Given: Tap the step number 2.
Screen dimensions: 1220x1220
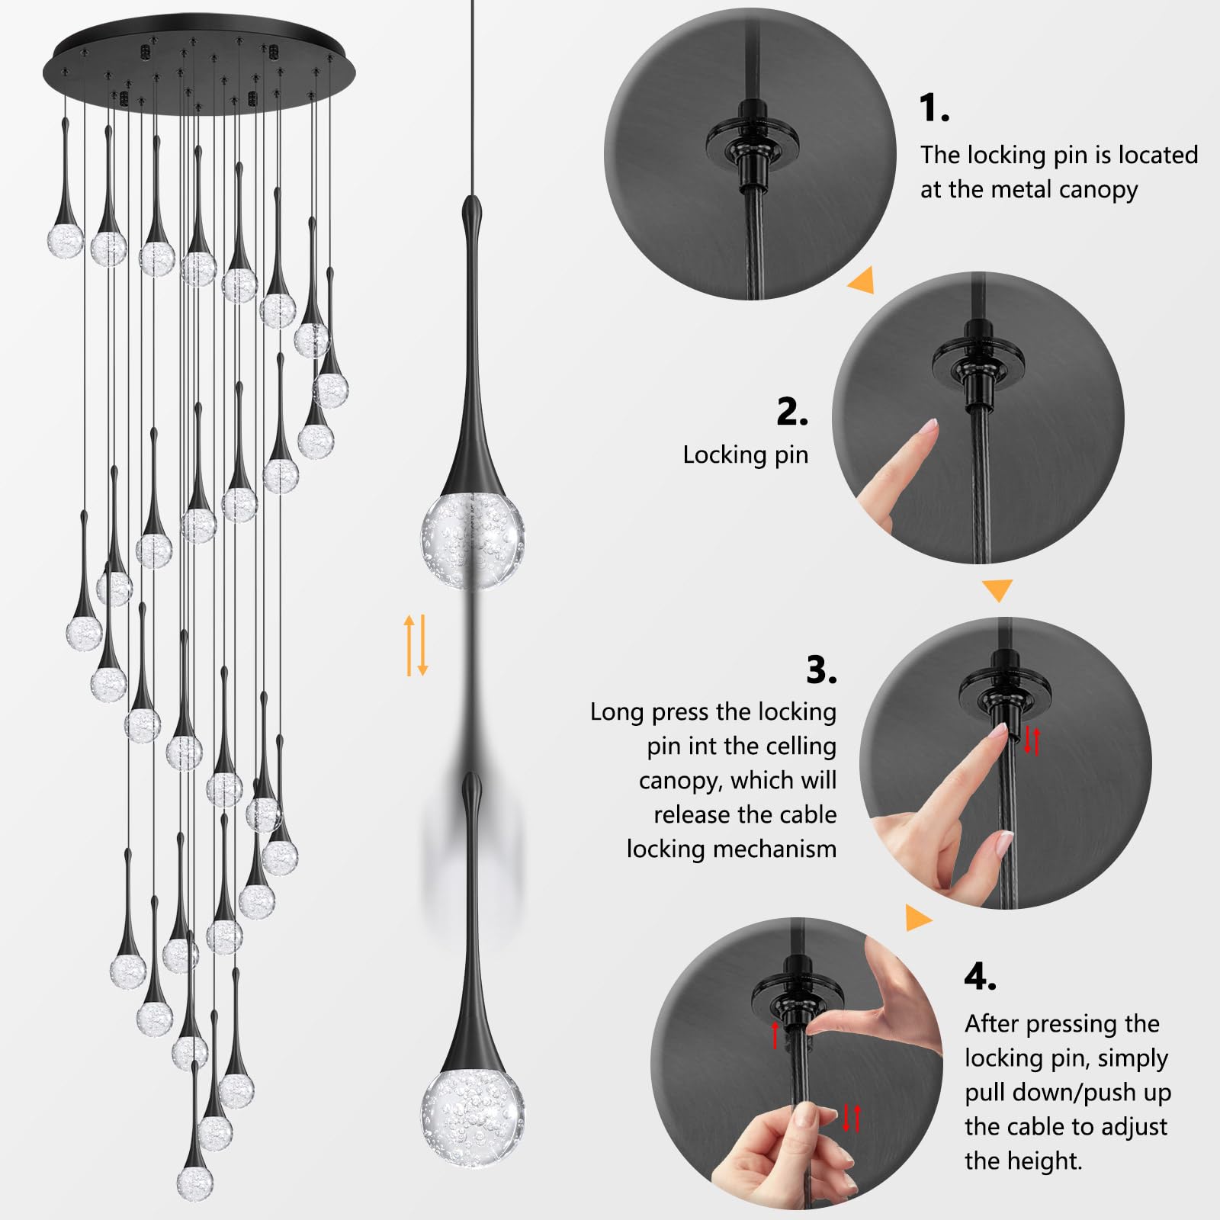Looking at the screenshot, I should coord(791,412).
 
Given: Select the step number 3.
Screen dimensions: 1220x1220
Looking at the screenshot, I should coord(821,669).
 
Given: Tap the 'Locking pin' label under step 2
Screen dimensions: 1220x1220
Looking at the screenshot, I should coord(745,455).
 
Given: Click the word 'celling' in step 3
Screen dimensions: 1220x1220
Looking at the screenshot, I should coord(799,746).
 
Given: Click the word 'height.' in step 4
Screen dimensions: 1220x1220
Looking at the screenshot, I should coord(1023,1161).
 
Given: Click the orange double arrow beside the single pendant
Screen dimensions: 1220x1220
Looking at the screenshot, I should coord(416,645).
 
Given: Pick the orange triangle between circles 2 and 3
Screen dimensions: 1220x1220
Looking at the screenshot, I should coord(997,589).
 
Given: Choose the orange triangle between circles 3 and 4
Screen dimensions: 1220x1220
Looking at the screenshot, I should coord(918,917).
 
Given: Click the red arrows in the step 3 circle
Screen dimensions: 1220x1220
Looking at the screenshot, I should coord(1032,740).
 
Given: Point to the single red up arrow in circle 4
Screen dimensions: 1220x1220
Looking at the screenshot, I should coord(775,1035).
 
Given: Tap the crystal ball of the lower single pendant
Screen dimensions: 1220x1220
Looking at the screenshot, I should coord(472,1118).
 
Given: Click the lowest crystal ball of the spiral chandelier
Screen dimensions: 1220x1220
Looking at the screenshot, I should coord(194,1182).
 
